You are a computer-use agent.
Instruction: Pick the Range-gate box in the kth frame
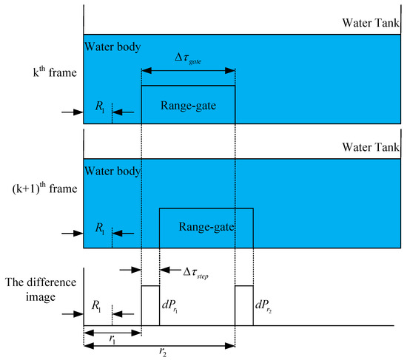(188, 105)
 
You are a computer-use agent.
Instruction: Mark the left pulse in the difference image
(150, 305)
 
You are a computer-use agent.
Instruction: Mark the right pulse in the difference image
(244, 305)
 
